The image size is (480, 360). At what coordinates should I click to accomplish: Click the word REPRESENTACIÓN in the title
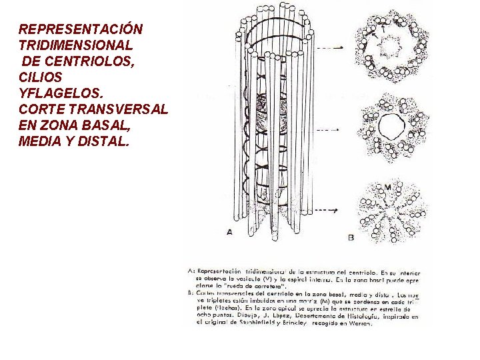[80, 30]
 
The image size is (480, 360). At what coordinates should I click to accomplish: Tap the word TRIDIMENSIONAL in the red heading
[75, 46]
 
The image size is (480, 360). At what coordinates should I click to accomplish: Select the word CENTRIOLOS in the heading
[101, 62]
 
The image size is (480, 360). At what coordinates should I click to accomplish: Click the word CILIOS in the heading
[39, 77]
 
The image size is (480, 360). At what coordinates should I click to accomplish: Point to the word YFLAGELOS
[59, 93]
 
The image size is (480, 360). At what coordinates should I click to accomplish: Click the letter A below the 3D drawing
[229, 231]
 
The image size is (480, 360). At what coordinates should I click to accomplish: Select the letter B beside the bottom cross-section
[351, 236]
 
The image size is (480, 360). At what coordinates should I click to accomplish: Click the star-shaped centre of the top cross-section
[387, 48]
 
